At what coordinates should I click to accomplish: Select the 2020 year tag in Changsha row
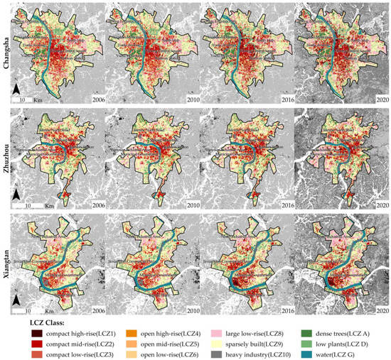379,101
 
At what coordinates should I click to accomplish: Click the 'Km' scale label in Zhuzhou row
45,207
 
